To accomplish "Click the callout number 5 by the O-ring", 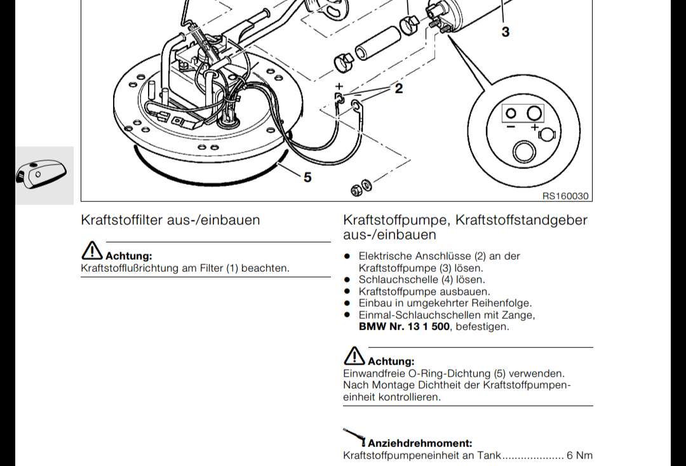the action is pos(307,177).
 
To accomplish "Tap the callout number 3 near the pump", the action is pos(506,32).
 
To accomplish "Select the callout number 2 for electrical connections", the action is pos(398,88).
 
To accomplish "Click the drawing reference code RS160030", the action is pos(565,196).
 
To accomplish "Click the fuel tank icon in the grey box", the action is pos(41,174).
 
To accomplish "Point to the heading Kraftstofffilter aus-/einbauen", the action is pos(170,220).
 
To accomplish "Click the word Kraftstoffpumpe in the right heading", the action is pos(396,220).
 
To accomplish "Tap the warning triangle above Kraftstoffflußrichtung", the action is pos(92,251).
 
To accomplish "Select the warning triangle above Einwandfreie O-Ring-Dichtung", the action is pos(354,356).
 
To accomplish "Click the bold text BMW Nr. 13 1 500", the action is pos(404,326).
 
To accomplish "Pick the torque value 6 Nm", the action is pos(580,455).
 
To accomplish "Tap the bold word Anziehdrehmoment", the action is pos(420,443).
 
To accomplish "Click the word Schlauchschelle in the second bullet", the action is pos(399,279).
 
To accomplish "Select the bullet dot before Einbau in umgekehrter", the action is pos(347,302).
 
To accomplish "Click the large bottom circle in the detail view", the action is pos(523,152).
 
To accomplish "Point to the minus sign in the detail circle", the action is pos(510,127).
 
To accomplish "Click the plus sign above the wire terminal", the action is pos(339,86).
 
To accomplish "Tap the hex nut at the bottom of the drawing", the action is pos(356,190).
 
